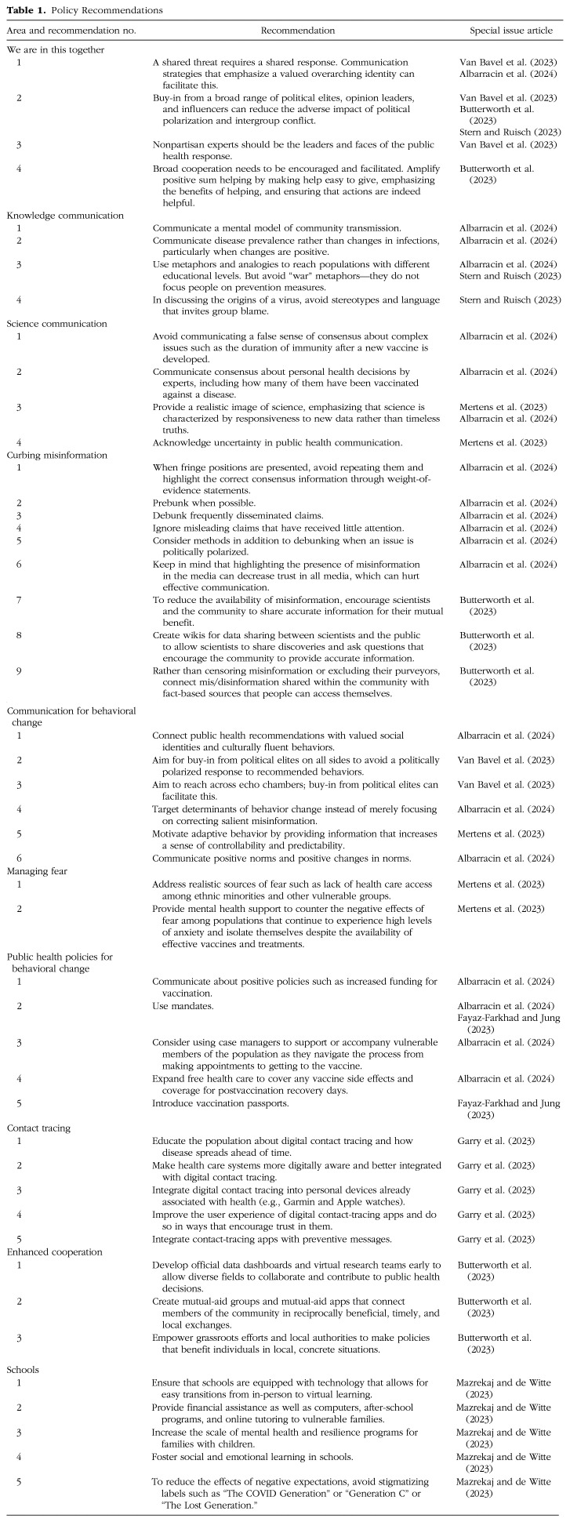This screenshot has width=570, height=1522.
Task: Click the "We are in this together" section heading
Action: pos(55,49)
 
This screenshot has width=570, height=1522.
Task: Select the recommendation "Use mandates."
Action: pos(181,1004)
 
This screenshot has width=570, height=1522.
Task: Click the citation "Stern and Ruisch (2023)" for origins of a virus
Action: pos(508,300)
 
